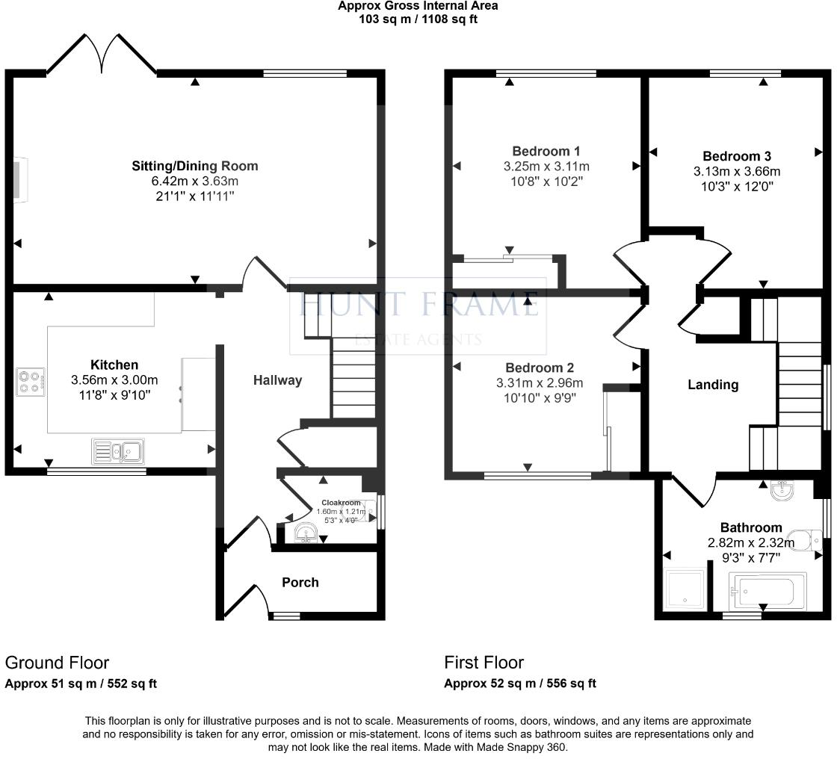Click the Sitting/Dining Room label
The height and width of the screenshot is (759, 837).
point(194,166)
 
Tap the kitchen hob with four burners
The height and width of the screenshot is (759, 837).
point(31,382)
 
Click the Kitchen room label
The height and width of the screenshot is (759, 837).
point(114,365)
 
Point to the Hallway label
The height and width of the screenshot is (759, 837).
point(277,380)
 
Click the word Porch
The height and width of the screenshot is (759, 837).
point(300,582)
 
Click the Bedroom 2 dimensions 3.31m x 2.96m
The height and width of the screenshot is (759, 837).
point(540,383)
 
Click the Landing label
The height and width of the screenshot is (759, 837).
point(713,385)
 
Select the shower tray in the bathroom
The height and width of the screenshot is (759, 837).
point(685,590)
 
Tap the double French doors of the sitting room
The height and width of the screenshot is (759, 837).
point(102,52)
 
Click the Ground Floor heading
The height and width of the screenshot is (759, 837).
point(57,663)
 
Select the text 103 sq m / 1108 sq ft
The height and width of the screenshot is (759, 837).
point(418,19)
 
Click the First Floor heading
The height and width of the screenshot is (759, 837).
point(484,663)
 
